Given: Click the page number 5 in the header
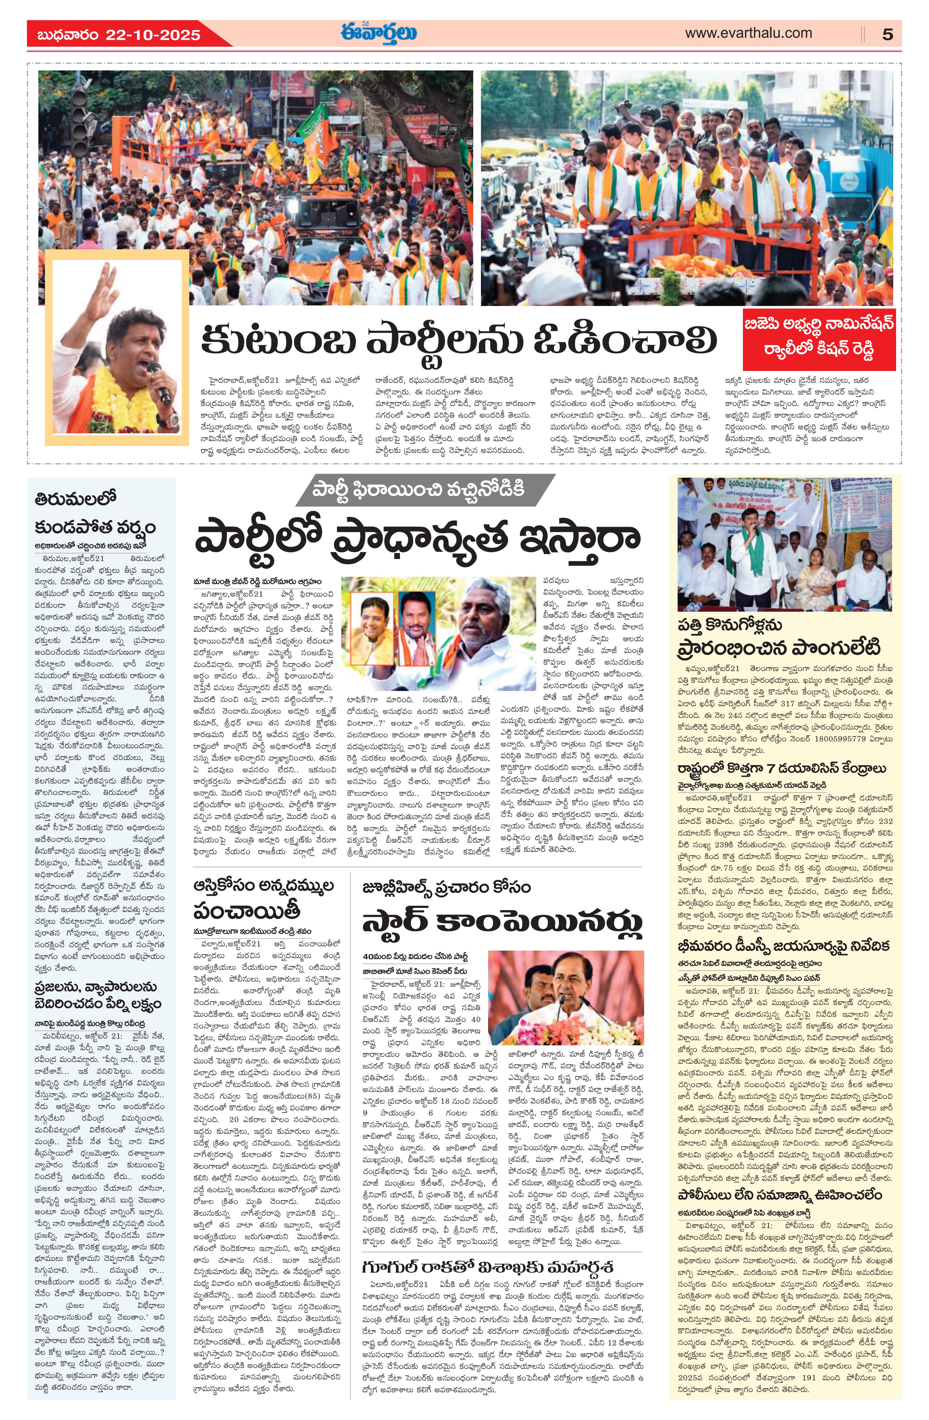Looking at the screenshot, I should point(887,34).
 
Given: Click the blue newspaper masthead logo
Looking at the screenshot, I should point(379,33).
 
